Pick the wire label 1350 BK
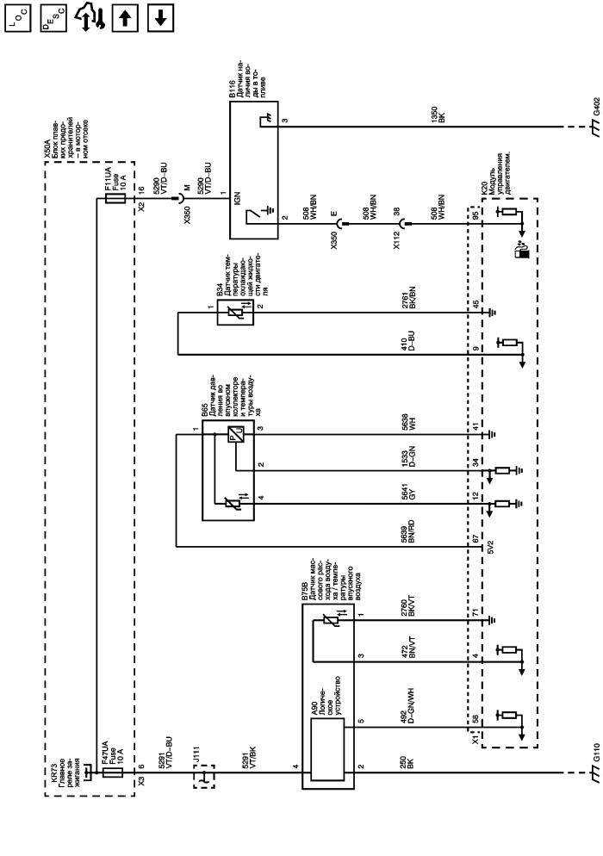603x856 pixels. pos(438,115)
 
